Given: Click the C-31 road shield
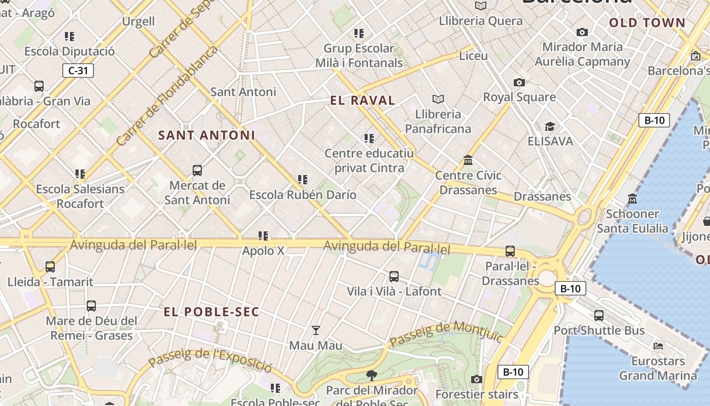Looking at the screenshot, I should pyautogui.click(x=78, y=71).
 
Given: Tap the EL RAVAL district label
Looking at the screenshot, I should pyautogui.click(x=363, y=100).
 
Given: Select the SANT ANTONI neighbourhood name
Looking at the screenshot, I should pyautogui.click(x=206, y=136).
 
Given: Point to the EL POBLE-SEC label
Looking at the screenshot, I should pyautogui.click(x=211, y=312).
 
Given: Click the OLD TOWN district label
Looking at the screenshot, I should pyautogui.click(x=647, y=23).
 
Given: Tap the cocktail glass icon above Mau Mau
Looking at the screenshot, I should pyautogui.click(x=316, y=330).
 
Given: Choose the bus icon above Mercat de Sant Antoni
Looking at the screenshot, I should pyautogui.click(x=197, y=171).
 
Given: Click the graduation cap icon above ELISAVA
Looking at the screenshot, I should pyautogui.click(x=550, y=126).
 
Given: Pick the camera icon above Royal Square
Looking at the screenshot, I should pyautogui.click(x=519, y=82).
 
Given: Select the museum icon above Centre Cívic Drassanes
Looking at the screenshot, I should pyautogui.click(x=468, y=161).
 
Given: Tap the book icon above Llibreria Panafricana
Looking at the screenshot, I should pyautogui.click(x=438, y=99).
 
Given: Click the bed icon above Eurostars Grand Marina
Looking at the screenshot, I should pyautogui.click(x=658, y=346).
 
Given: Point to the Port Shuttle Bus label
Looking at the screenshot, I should pyautogui.click(x=599, y=330).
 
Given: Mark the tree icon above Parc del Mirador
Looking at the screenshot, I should pyautogui.click(x=371, y=376).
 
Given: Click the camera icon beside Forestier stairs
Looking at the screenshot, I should pyautogui.click(x=476, y=379).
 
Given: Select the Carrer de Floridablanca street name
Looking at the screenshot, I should pyautogui.click(x=167, y=95).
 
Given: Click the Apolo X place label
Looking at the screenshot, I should pyautogui.click(x=263, y=251).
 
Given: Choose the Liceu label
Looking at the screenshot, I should pyautogui.click(x=473, y=56).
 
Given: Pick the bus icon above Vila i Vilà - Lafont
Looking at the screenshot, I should pyautogui.click(x=394, y=277).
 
